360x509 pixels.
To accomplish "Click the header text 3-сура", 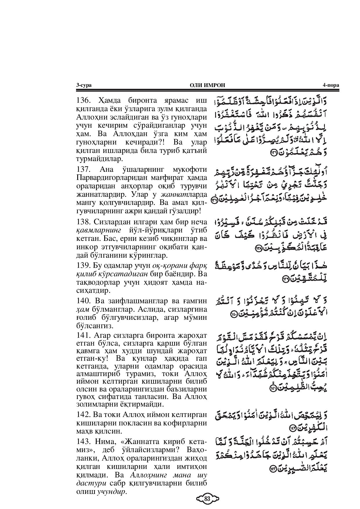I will pos(84,85).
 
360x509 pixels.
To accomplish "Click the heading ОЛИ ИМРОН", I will pos(207,85).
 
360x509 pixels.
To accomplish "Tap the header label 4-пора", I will pos(331,85).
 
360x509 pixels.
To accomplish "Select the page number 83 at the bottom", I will pos(207,499).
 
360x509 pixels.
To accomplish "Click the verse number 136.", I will pos(84,101).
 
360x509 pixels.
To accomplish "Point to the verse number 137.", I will pos(84,169).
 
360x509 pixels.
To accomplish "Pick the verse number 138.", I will pos(84,222).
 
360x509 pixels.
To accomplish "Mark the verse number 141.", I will pos(84,335).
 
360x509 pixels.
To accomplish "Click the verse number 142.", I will pos(84,415).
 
